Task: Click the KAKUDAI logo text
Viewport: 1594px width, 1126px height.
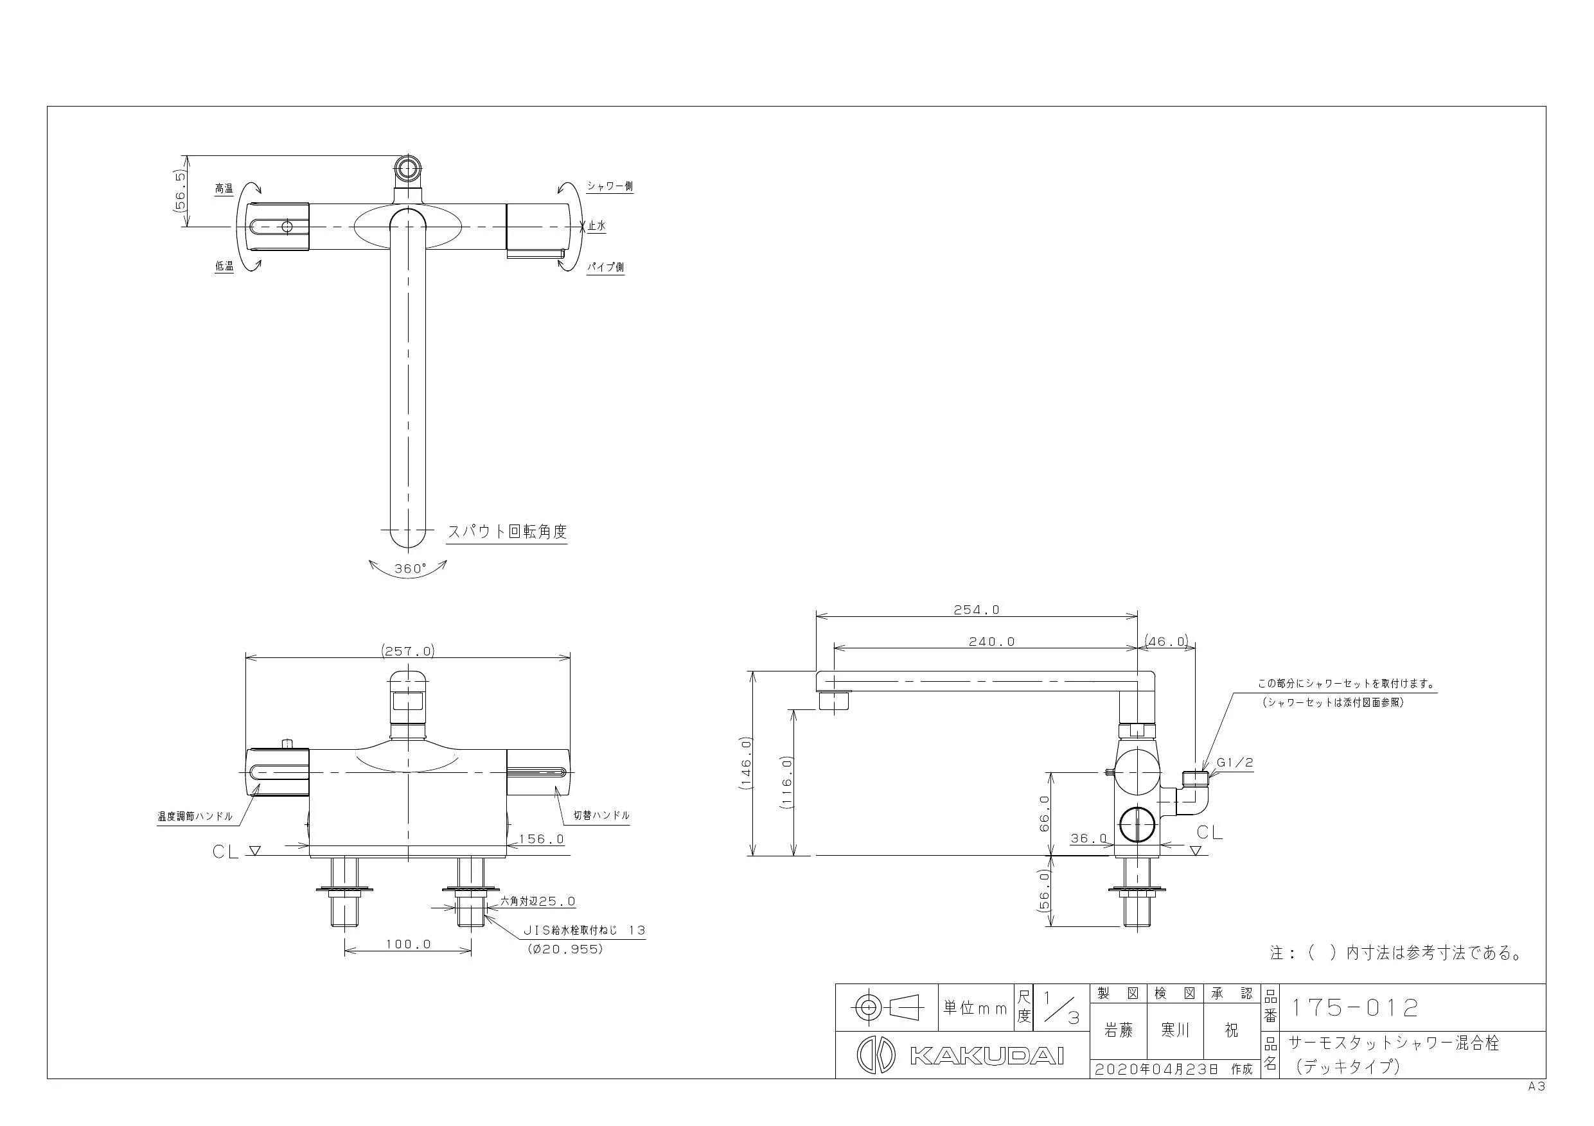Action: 986,1056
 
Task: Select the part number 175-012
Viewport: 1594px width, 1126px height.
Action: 1354,1007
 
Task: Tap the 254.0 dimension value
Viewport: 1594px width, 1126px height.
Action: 976,610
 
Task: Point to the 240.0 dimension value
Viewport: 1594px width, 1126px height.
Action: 991,642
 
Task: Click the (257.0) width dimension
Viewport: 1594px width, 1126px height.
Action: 407,651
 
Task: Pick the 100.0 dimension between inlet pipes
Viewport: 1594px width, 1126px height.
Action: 408,944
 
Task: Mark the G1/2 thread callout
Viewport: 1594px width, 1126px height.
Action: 1235,763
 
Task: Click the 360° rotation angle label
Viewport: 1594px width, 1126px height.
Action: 411,568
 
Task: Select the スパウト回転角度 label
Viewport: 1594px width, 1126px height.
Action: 507,532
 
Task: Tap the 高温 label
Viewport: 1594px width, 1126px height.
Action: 224,188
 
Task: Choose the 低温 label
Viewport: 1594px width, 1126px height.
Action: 224,266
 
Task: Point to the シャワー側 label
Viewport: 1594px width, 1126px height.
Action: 610,186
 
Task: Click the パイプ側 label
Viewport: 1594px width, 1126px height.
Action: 606,266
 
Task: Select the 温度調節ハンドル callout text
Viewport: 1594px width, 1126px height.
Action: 195,817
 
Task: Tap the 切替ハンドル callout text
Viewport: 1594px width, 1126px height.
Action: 601,815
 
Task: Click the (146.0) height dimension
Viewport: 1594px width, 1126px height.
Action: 747,763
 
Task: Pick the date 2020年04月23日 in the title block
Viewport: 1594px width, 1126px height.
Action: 1156,1069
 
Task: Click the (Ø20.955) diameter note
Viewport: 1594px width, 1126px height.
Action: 565,949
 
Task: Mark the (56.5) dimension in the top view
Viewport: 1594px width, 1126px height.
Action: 181,191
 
